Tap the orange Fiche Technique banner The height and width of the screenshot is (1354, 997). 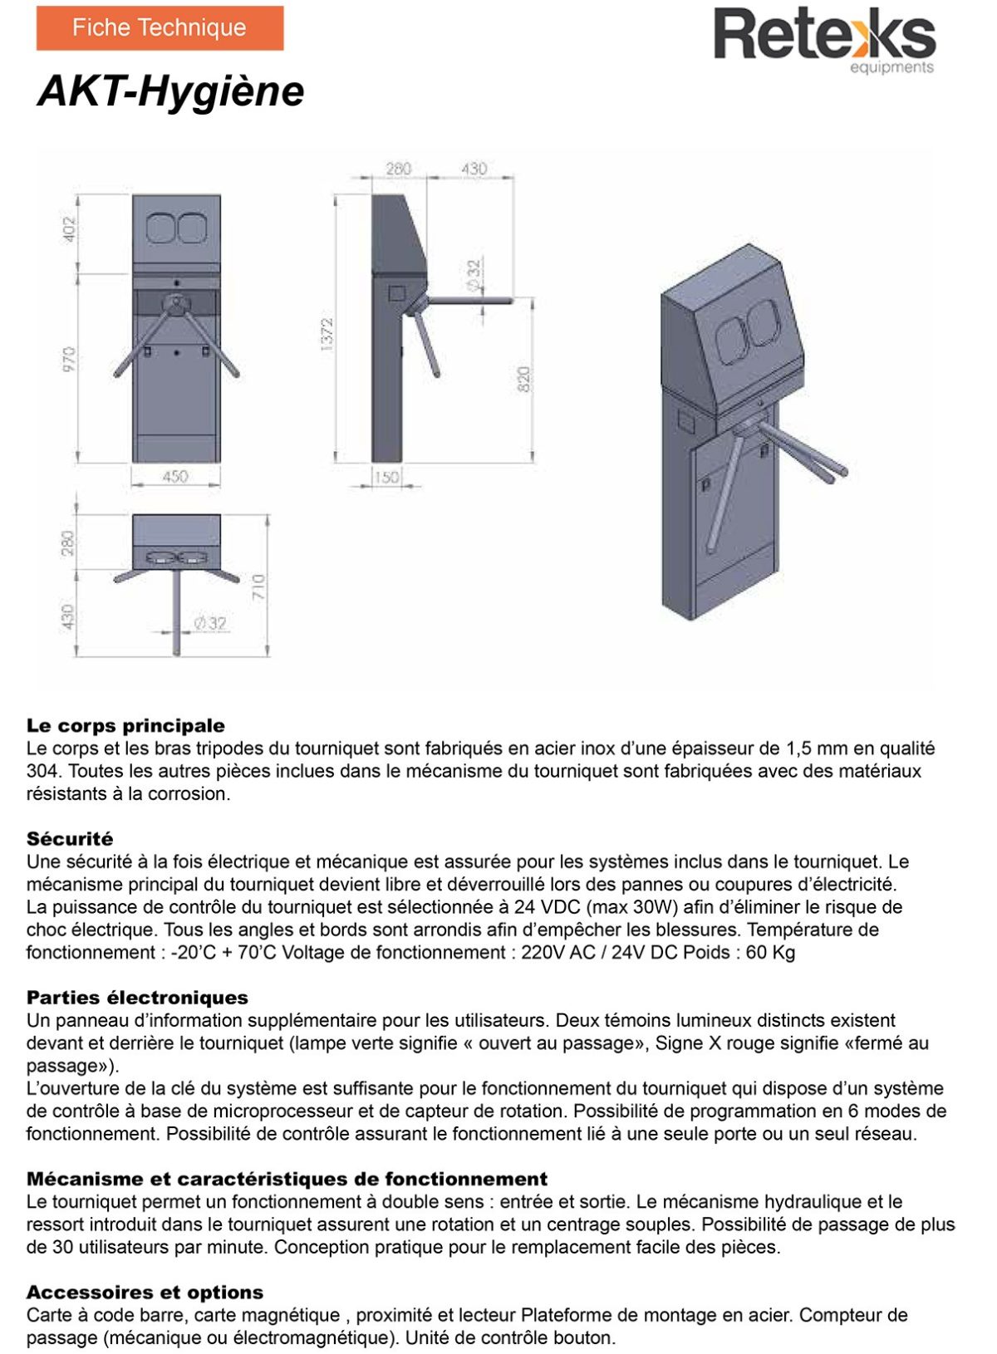(x=160, y=28)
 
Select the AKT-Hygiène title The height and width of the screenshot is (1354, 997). (x=171, y=91)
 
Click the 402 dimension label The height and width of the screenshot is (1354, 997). (x=69, y=230)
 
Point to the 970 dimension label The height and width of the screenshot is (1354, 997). (x=69, y=360)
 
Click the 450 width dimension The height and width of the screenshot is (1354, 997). (x=175, y=477)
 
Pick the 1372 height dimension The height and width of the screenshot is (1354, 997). (x=327, y=334)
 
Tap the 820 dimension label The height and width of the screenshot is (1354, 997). (x=524, y=380)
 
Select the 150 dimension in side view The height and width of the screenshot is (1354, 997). (x=386, y=478)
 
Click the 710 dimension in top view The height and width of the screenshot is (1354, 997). (x=258, y=587)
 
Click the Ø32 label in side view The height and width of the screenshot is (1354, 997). (x=474, y=274)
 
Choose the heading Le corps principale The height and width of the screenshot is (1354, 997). (x=125, y=726)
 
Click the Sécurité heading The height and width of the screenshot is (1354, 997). (x=70, y=839)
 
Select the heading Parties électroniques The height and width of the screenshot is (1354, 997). (x=137, y=998)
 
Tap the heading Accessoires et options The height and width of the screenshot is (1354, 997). (x=145, y=1293)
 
